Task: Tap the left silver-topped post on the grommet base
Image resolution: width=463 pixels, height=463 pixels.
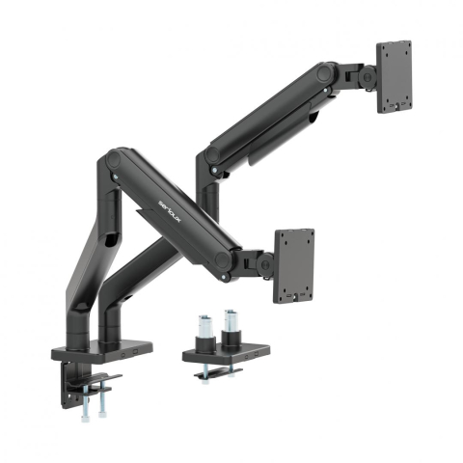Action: [x=205, y=328]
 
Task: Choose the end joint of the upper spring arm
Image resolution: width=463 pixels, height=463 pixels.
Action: [x=328, y=75]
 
